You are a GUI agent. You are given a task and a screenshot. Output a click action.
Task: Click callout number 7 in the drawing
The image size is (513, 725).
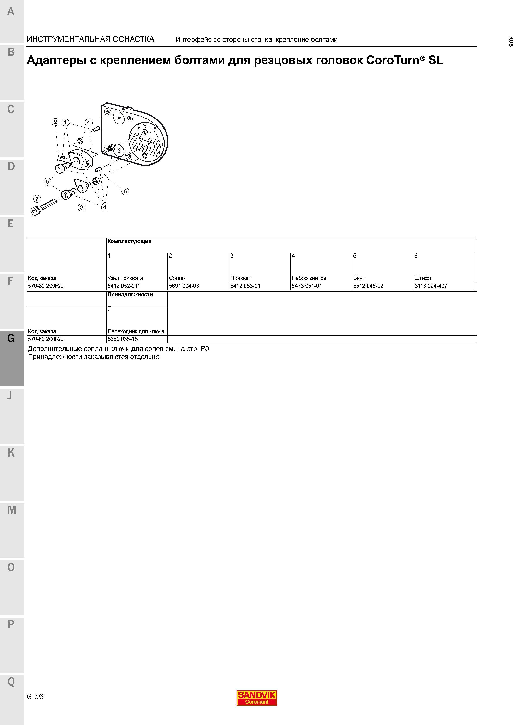(37, 199)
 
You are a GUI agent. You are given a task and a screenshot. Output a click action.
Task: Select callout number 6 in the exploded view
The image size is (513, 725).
(125, 191)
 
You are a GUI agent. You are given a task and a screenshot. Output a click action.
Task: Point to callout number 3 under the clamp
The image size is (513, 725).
(82, 207)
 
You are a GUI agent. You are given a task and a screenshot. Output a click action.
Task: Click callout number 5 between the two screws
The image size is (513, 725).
(47, 181)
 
